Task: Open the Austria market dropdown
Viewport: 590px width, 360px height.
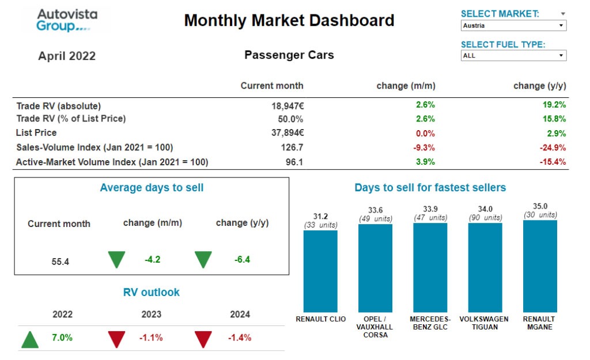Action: pyautogui.click(x=513, y=26)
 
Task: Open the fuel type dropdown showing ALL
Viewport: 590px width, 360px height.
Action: pyautogui.click(x=513, y=56)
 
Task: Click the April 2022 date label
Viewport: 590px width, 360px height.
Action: pyautogui.click(x=67, y=56)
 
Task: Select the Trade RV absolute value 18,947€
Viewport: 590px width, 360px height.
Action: pyautogui.click(x=288, y=106)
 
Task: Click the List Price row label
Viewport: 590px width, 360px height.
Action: pyautogui.click(x=36, y=132)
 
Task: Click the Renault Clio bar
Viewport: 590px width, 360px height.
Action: pyautogui.click(x=320, y=271)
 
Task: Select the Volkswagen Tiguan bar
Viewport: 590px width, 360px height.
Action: pyautogui.click(x=485, y=267)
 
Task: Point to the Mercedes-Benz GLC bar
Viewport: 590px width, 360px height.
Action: pyautogui.click(x=430, y=267)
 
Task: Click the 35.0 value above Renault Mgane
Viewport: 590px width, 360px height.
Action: pyautogui.click(x=540, y=206)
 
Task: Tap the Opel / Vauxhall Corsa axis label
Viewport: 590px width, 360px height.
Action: pyautogui.click(x=375, y=327)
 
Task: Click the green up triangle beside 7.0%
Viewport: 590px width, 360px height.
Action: pyautogui.click(x=30, y=339)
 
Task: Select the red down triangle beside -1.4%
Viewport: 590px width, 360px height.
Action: pyautogui.click(x=203, y=339)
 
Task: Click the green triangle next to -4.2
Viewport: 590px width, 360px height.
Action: pyautogui.click(x=116, y=260)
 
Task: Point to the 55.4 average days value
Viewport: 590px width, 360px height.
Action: pyautogui.click(x=60, y=262)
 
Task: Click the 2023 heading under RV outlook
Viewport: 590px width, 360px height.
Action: pyautogui.click(x=152, y=314)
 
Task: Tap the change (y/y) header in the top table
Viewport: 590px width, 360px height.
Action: pyautogui.click(x=539, y=86)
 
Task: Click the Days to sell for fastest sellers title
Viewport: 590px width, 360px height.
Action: pyautogui.click(x=430, y=188)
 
